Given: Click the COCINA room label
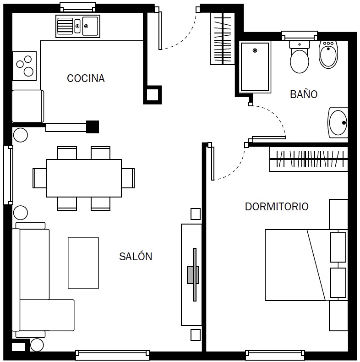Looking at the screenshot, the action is click(x=86, y=78).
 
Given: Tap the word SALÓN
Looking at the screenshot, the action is click(x=136, y=256).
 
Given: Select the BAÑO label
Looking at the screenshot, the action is click(x=304, y=94).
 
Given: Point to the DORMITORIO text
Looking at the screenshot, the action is click(x=277, y=207).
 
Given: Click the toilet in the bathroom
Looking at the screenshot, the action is click(x=299, y=57).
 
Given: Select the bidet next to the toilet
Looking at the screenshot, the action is click(x=328, y=55).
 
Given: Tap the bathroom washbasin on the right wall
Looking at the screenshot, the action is click(x=338, y=123).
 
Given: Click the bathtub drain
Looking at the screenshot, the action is click(x=255, y=50).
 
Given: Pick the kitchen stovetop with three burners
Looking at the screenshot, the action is click(x=24, y=66).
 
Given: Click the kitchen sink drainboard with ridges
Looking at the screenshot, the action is click(x=65, y=26).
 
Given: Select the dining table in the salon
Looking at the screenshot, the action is click(x=84, y=178).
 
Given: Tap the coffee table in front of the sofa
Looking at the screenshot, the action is click(x=83, y=263).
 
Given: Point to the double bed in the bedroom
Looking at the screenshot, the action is click(x=306, y=265).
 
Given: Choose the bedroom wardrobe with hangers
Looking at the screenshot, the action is click(x=309, y=159).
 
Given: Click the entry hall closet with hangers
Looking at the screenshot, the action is click(x=223, y=38).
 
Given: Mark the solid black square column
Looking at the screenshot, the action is click(x=93, y=127).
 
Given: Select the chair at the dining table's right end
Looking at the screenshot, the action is click(x=128, y=178).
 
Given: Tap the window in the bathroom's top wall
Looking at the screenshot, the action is click(x=300, y=36).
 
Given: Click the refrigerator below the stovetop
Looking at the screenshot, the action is click(x=28, y=106).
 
